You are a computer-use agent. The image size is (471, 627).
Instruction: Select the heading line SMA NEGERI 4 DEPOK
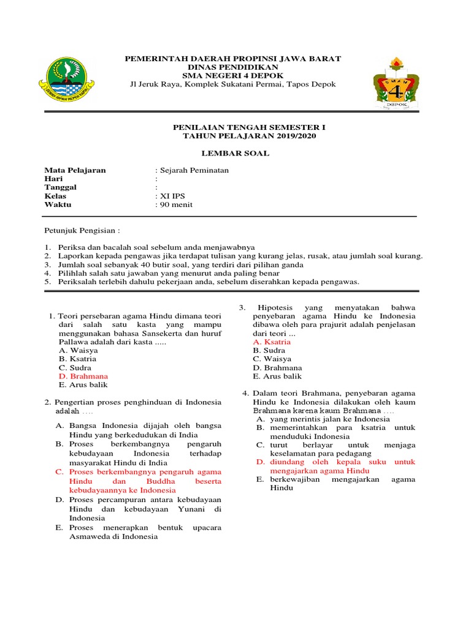(233, 75)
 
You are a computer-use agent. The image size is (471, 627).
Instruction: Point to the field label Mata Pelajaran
(75, 170)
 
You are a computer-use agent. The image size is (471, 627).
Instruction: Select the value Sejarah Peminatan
(193, 170)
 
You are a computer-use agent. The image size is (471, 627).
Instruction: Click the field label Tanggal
(60, 187)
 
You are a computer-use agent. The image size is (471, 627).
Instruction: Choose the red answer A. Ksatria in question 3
(272, 342)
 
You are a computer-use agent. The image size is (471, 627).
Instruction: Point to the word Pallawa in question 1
(74, 342)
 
